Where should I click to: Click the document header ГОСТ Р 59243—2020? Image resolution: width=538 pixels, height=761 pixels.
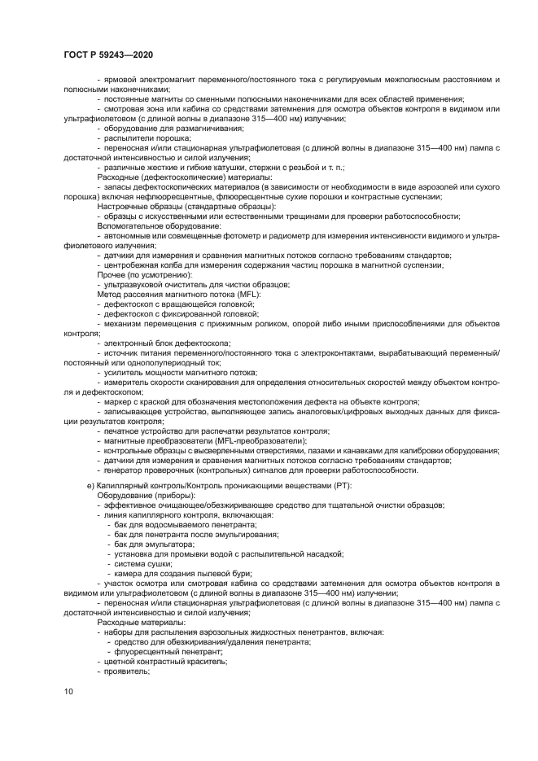click(107, 55)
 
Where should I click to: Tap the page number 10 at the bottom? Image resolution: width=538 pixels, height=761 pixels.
click(68, 691)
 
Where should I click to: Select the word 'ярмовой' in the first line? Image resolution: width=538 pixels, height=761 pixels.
click(119, 80)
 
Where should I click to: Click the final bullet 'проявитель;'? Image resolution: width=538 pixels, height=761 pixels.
click(124, 671)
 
